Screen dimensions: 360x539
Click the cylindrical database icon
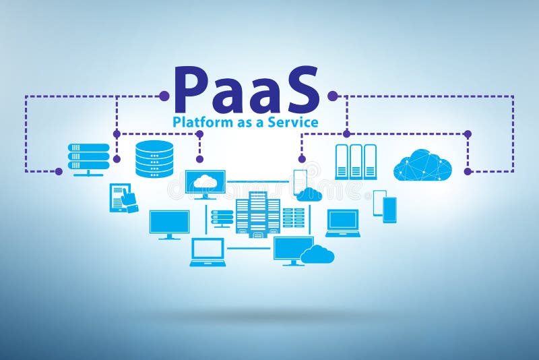tap(154, 158)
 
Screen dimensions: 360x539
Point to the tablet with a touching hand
tap(123, 198)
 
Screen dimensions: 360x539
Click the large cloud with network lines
tap(422, 164)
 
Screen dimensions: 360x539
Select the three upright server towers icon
tap(356, 162)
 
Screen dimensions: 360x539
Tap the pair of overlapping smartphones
tap(385, 206)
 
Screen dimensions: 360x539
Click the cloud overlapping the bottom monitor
tap(317, 254)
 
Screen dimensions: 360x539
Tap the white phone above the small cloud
tap(300, 181)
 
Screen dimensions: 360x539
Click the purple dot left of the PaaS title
tap(164, 96)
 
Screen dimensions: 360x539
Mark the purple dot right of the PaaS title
tap(331, 96)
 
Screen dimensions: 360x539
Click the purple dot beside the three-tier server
tap(59, 171)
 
